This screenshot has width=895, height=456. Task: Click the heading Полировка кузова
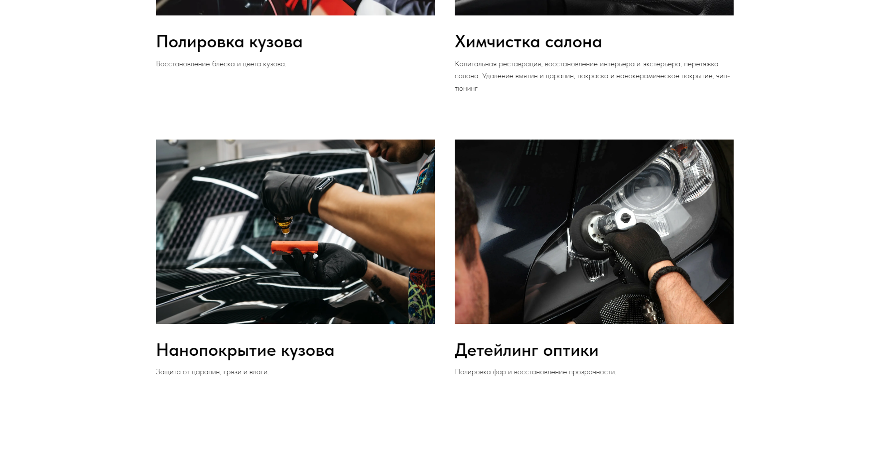click(x=229, y=42)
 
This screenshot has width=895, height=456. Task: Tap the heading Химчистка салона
click(x=528, y=42)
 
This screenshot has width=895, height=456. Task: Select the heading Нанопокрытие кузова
click(x=245, y=350)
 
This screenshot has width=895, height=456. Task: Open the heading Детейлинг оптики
click(x=526, y=350)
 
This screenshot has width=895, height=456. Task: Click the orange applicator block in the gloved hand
click(x=294, y=247)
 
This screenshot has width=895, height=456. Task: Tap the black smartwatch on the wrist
click(x=321, y=196)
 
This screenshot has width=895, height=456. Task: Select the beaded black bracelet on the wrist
click(x=667, y=279)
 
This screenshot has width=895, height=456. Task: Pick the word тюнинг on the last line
click(x=466, y=89)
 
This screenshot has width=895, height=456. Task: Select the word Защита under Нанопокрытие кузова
click(x=168, y=372)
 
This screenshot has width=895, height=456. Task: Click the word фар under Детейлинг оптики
click(x=499, y=372)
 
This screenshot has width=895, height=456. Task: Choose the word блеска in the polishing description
click(x=223, y=64)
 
